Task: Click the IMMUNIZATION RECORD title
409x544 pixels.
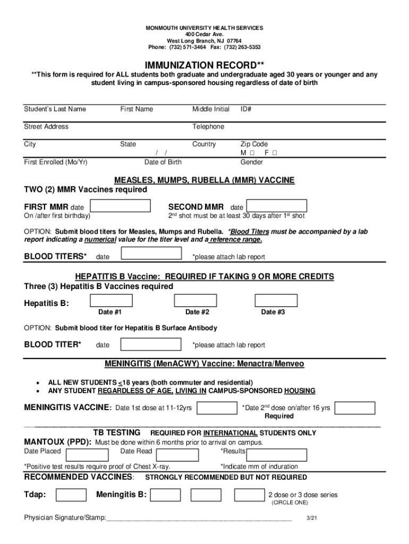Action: point(204,65)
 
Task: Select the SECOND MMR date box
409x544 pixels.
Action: point(277,206)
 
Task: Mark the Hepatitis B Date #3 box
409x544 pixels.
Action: point(276,301)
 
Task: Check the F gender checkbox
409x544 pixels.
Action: point(275,153)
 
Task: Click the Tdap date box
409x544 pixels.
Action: point(71,495)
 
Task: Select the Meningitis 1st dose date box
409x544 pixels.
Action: point(217,407)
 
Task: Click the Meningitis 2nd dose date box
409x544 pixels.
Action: point(355,407)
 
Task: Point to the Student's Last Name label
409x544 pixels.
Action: point(55,109)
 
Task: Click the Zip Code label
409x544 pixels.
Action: point(254,144)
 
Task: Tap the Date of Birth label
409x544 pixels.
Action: point(163,162)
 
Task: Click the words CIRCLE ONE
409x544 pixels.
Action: point(289,503)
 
